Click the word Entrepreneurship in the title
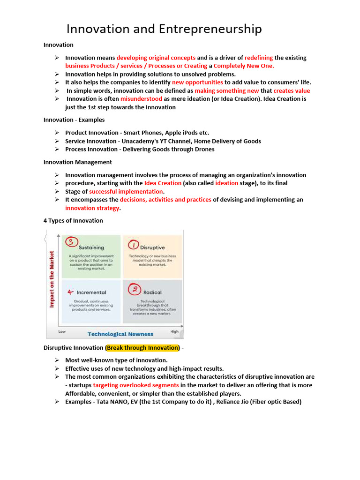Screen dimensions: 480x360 (x=210, y=29)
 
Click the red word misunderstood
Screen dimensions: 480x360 (x=141, y=99)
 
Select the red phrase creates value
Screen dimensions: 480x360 (x=292, y=90)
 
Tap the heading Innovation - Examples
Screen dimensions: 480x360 (x=74, y=120)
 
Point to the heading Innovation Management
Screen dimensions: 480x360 (x=78, y=162)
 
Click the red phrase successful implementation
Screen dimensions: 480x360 (x=126, y=191)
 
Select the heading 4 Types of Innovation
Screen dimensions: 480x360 (x=73, y=220)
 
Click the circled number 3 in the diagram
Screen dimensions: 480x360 (x=70, y=241)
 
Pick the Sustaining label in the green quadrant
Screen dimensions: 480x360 (x=91, y=247)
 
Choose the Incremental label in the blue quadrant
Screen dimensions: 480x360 (x=91, y=292)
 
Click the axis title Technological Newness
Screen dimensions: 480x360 (x=120, y=334)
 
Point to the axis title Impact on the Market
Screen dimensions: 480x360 (x=52, y=279)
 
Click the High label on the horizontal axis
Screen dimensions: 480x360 (x=174, y=331)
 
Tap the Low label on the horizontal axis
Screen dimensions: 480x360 (x=62, y=331)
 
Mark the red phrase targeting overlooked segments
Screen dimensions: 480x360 (x=135, y=385)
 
